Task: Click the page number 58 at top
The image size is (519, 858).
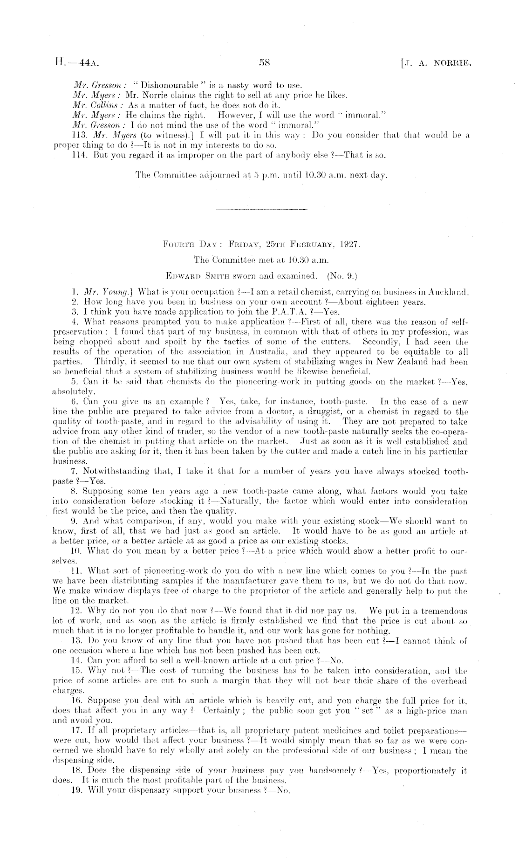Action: pos(264,62)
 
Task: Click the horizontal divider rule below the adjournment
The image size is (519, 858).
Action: pos(262,210)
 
